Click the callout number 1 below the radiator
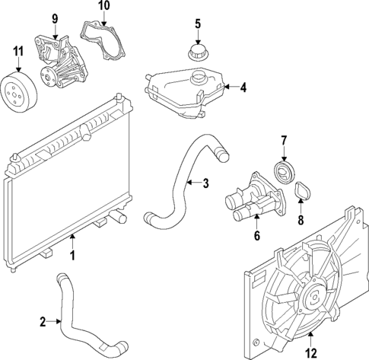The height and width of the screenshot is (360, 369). pos(73,256)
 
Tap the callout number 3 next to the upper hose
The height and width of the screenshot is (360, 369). pos(205,183)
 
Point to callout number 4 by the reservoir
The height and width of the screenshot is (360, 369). pos(243,88)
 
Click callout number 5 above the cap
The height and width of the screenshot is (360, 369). pos(197,23)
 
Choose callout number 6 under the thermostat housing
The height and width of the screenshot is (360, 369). pos(257,237)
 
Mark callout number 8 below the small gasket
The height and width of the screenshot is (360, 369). pos(299,221)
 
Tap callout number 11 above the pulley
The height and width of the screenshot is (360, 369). pos(17,52)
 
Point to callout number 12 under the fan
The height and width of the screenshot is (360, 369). pos(310,352)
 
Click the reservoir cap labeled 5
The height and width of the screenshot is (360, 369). pos(197,54)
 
